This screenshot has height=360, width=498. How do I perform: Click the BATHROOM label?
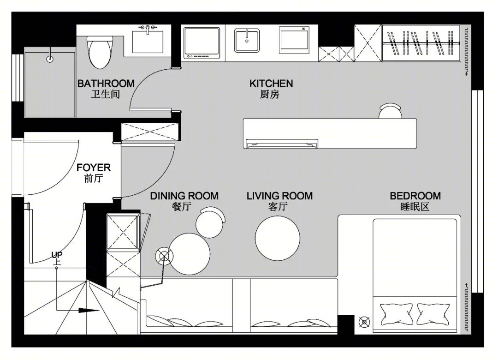pos(106,84)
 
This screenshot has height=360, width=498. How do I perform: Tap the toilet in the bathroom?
pos(100,53)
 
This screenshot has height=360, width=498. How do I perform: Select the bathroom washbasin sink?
pos(148,42)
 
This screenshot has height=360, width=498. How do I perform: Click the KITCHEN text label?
pos(271,84)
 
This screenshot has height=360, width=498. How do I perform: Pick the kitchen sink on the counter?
pos(247,41)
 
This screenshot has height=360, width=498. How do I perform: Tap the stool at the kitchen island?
pos(391,111)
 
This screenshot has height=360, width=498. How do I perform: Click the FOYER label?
pos(93,168)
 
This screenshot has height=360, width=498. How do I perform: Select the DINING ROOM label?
pos(184,196)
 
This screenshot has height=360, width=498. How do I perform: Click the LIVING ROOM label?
pos(279,196)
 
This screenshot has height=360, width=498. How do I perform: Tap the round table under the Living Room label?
pos(277,238)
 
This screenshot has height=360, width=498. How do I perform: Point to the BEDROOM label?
pos(415,196)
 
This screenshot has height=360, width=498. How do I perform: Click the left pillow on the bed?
pos(397,314)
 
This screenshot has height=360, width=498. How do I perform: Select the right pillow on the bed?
pos(433,314)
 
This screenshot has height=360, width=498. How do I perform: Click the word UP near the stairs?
pos(57,255)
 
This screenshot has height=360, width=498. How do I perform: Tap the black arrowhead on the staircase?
pos(89,310)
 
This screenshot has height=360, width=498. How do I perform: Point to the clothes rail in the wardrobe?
pos(421,42)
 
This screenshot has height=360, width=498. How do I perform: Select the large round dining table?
pos(190,254)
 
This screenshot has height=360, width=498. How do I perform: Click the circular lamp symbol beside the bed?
pos(364,322)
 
